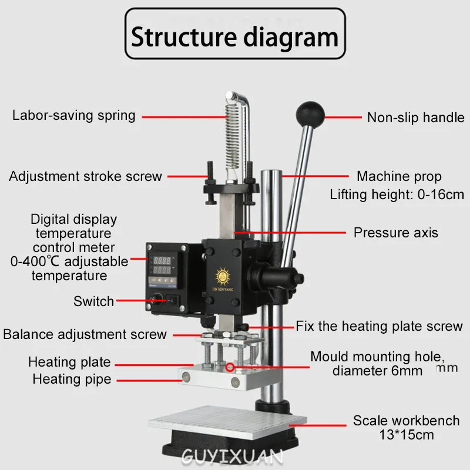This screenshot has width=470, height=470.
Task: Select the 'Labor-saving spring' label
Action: point(74,115)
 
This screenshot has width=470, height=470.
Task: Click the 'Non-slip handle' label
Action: point(415,117)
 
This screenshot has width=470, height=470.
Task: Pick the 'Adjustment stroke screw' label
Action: point(85,176)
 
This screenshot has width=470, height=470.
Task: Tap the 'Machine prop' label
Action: point(399,176)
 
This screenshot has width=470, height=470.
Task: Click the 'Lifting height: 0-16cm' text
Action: point(397,194)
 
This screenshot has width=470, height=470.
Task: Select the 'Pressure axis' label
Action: point(395,233)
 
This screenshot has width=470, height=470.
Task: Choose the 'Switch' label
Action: point(94,301)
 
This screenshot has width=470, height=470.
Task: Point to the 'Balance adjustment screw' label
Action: point(85,334)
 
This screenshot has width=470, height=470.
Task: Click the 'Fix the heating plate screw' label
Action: point(379,326)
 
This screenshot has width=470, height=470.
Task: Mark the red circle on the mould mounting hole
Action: point(230,368)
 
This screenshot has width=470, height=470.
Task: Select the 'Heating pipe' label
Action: point(72,380)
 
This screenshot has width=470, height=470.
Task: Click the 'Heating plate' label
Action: point(69,362)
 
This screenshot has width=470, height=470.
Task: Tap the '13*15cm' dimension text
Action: point(406,435)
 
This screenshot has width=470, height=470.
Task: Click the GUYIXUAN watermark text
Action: point(233,456)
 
